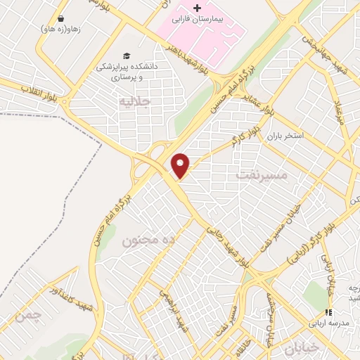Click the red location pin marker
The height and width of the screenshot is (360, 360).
(181, 165)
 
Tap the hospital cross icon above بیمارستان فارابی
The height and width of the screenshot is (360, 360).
(197, 8)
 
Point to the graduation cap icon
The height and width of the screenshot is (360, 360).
(126, 56)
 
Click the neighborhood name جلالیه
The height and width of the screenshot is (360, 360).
(134, 101)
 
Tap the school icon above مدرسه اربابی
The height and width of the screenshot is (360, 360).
(327, 312)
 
